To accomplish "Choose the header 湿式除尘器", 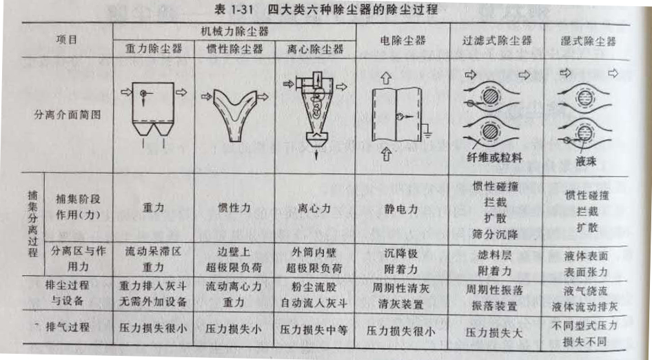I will click(587, 39).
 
